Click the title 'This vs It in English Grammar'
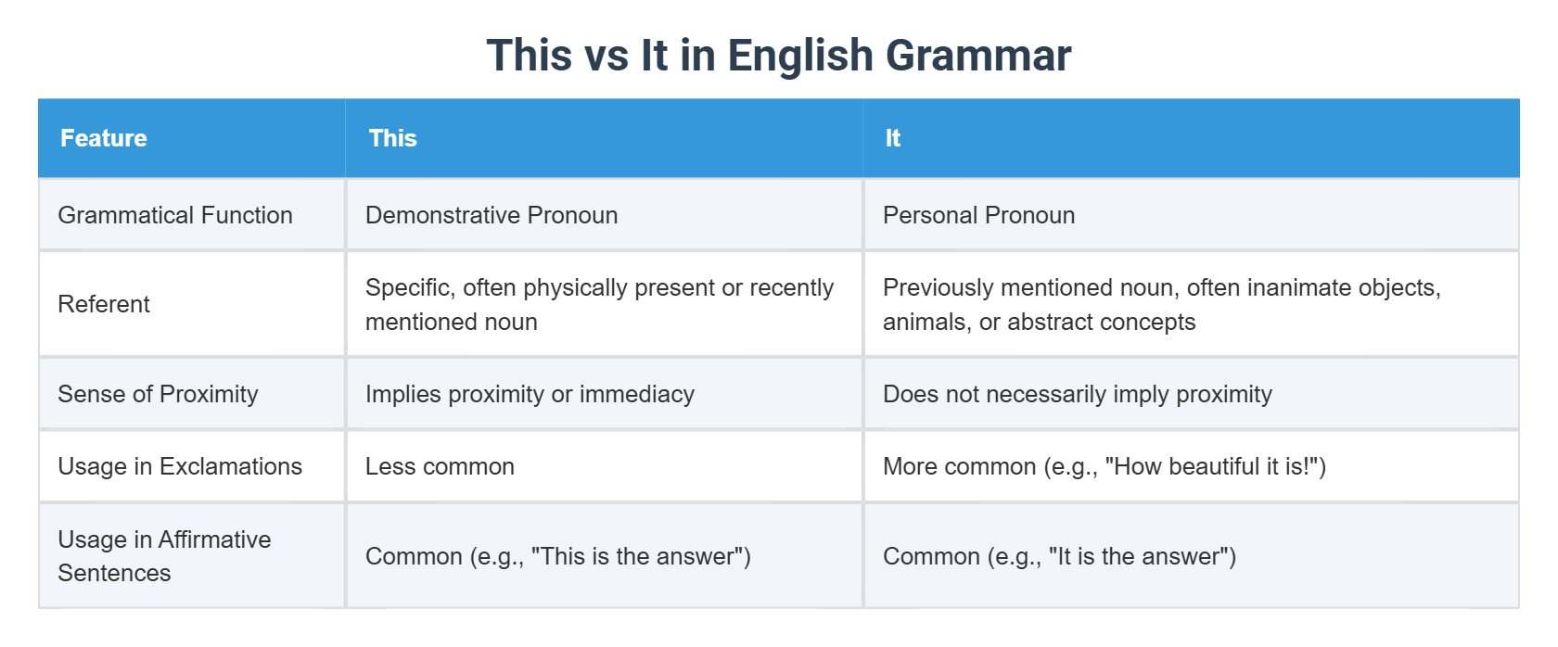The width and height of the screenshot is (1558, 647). pos(778,56)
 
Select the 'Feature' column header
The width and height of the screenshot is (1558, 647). pos(104,138)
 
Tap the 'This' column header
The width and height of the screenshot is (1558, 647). pos(393,138)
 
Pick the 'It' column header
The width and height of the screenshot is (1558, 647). pos(892,138)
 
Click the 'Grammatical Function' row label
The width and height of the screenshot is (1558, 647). pos(175,215)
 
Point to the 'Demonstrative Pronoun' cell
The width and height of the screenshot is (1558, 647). pos(492,215)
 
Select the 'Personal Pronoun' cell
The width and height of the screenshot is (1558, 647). pos(978,215)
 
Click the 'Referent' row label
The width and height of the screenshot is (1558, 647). pos(104,304)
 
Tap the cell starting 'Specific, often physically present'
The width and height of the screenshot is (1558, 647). pos(599,304)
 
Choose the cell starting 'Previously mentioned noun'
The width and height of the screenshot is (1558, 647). pos(1161,304)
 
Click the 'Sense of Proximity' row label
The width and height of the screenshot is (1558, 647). pos(158,394)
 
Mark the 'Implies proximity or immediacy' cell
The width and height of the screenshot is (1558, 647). pos(530,394)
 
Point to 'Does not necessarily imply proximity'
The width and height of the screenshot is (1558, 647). pos(1077,394)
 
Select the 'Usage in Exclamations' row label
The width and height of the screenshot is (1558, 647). pos(180,466)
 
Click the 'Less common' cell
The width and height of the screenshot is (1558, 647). pos(440,466)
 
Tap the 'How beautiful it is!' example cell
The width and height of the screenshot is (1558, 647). pos(1104,466)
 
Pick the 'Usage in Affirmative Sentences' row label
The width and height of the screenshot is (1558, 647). pos(164,556)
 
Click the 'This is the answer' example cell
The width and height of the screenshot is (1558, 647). pos(557,556)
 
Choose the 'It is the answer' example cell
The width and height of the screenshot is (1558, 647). pos(1059,556)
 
